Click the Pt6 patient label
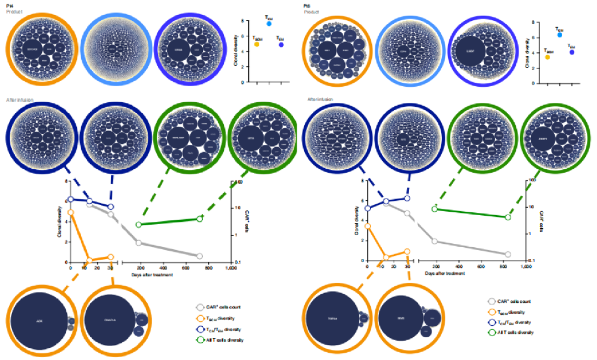(307, 4)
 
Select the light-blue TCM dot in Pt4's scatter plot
(269, 24)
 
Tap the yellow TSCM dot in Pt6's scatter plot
(547, 57)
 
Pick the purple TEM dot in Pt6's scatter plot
(572, 52)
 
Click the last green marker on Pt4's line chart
(200, 218)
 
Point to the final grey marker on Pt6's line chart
(507, 254)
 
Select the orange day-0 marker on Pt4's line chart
(71, 212)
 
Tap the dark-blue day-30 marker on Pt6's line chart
(407, 198)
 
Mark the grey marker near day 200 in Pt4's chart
(138, 243)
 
